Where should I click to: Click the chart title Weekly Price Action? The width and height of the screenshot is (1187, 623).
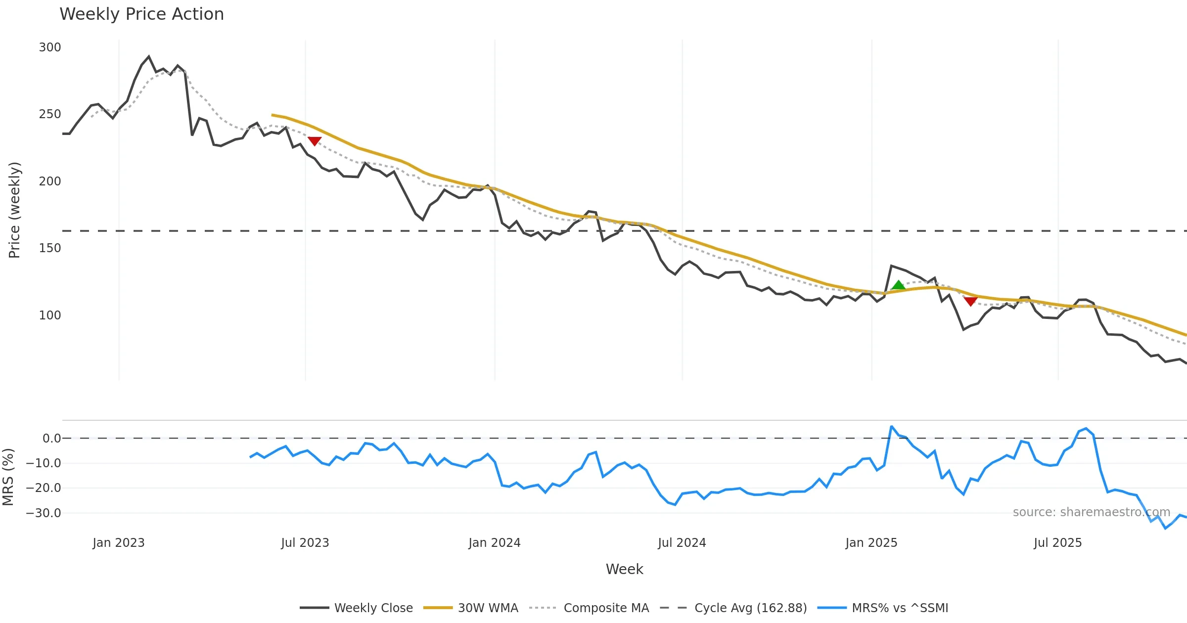point(141,14)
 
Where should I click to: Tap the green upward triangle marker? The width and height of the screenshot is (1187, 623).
point(898,285)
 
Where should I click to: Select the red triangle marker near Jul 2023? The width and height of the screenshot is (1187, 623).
point(315,141)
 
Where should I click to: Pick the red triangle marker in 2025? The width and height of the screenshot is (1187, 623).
point(970,301)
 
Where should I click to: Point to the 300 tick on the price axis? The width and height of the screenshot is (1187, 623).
point(50,47)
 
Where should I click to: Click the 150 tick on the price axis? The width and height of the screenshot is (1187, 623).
point(50,248)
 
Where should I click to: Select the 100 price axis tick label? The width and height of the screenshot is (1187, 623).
point(50,315)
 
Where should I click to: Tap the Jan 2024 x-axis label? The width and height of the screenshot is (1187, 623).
point(495,543)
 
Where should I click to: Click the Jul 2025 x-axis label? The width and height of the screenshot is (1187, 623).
point(1057,543)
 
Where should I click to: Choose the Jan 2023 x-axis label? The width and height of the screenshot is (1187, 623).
point(119,543)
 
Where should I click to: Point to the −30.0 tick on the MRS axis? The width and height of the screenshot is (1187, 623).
point(44,513)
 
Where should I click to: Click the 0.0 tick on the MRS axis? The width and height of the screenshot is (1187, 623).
point(51,439)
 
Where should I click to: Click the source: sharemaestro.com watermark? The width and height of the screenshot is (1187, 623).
point(1091,512)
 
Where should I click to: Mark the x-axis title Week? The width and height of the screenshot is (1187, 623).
point(624,570)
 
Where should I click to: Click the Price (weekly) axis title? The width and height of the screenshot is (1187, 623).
point(15,210)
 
